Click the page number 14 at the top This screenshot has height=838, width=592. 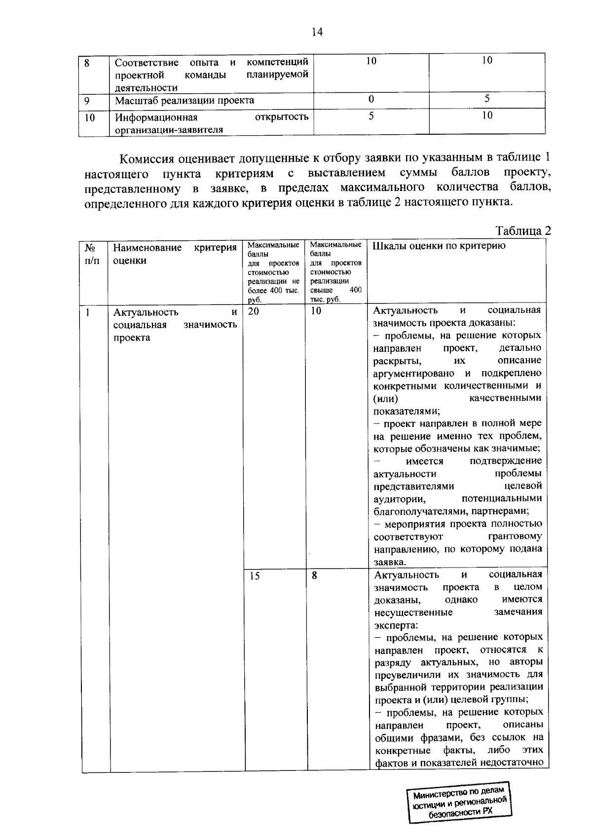point(317,33)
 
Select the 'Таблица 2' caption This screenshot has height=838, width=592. point(523,231)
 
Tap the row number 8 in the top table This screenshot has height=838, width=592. point(87,63)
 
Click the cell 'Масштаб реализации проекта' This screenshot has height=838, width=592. point(185,100)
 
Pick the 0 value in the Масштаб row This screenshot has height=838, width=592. point(371,99)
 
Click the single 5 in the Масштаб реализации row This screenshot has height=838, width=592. point(487,99)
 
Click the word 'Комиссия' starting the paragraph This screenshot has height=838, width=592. point(148,159)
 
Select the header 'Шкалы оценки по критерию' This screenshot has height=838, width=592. point(439,246)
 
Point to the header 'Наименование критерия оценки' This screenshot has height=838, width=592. point(175,254)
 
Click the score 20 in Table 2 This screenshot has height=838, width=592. point(253,311)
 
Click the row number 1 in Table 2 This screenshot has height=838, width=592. point(88,312)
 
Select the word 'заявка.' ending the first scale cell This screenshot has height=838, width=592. point(390,562)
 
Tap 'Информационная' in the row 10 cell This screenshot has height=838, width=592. point(156,117)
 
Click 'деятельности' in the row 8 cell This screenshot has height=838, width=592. point(146,88)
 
